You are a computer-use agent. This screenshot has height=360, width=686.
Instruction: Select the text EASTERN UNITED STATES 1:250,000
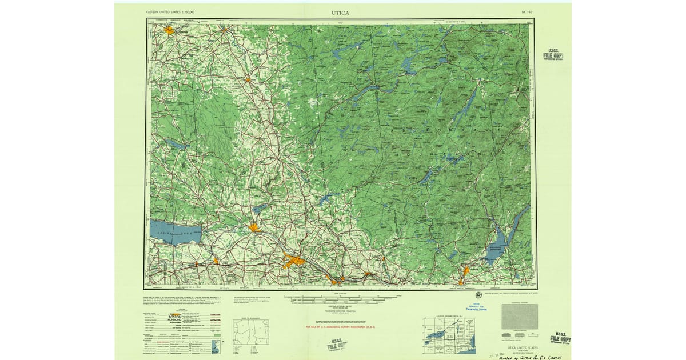(170, 12)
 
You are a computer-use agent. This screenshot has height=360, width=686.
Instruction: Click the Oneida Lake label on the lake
(177, 231)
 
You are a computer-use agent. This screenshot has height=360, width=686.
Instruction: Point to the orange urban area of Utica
(294, 262)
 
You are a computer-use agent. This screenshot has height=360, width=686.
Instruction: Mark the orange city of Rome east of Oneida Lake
(254, 228)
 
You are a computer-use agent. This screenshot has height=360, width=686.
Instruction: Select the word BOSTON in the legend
(174, 316)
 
